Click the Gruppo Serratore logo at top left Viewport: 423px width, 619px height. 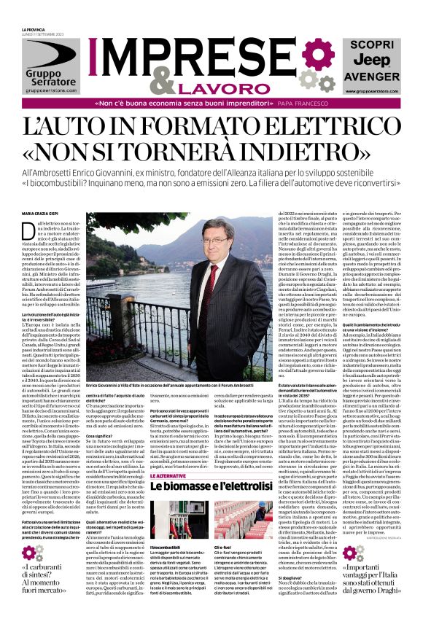click(x=50, y=66)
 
